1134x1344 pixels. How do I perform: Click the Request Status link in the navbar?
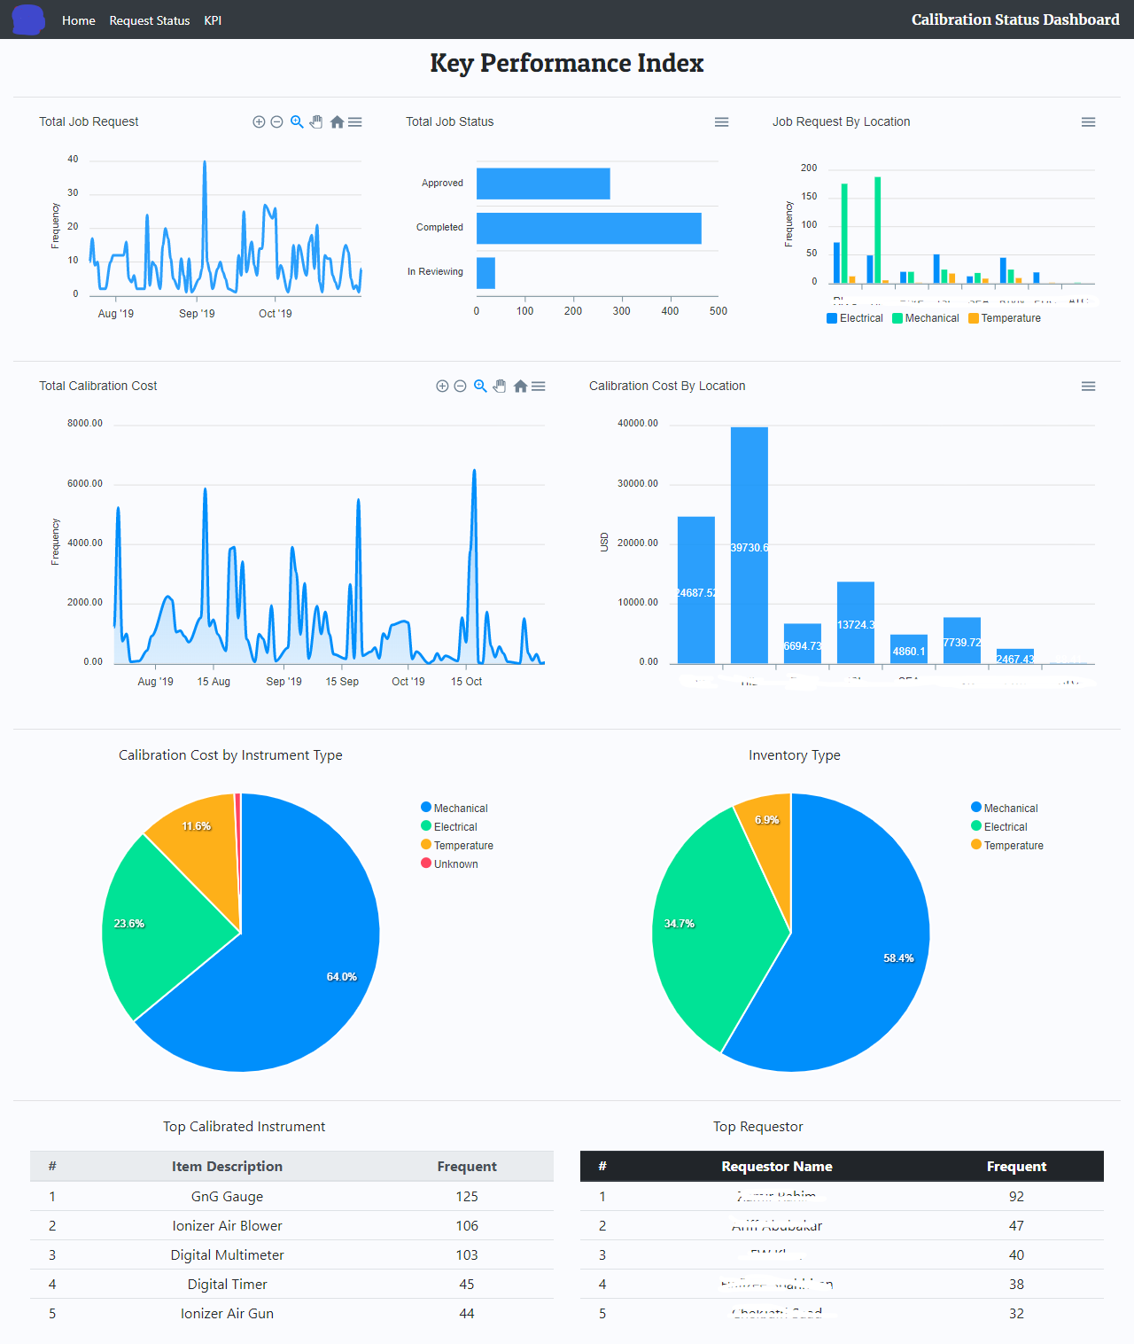149,20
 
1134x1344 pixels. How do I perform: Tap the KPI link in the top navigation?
213,20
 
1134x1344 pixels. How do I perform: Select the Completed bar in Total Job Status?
588,228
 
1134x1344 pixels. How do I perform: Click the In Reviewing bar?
485,273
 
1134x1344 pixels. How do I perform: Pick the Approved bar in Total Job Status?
542,184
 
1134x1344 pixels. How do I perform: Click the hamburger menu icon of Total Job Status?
721,122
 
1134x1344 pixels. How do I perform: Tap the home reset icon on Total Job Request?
337,122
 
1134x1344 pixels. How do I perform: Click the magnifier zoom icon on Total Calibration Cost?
480,386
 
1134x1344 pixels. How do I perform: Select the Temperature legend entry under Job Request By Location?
1005,318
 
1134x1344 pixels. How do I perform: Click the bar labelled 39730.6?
749,545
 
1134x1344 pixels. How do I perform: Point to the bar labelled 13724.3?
855,622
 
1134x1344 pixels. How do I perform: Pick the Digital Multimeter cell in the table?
227,1255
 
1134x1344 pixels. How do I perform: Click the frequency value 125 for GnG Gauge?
466,1197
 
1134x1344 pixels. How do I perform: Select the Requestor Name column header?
776,1167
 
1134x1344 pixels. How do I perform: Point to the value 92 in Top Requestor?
1016,1197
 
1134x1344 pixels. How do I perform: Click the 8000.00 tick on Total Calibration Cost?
85,424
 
